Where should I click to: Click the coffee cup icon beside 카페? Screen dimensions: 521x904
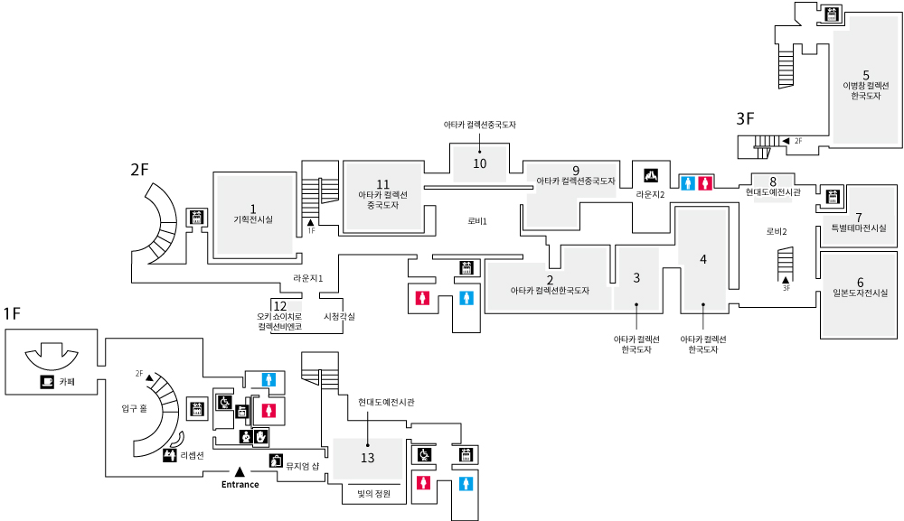[x=47, y=382]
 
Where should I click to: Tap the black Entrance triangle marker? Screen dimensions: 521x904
[x=240, y=472]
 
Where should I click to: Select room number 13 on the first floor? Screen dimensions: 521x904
[x=367, y=458]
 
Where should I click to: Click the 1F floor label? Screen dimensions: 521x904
[x=12, y=313]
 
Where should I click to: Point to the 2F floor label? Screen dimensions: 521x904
[x=139, y=169]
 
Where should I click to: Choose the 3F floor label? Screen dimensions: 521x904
[x=745, y=117]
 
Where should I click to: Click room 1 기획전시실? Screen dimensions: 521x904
[x=253, y=214]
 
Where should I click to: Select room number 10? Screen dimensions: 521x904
[x=480, y=163]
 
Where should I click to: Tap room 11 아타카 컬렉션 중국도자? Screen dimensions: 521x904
[x=383, y=194]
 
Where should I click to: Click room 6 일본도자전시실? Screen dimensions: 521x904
[x=861, y=287]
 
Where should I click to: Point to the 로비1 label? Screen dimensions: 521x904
[x=477, y=220]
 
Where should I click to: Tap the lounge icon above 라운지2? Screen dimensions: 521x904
[x=650, y=175]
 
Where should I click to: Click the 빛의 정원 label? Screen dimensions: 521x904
[x=367, y=493]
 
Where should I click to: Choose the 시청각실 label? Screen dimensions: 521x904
[x=339, y=316]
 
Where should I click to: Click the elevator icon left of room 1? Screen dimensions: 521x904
[x=194, y=218]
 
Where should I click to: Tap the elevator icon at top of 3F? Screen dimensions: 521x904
[x=832, y=14]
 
